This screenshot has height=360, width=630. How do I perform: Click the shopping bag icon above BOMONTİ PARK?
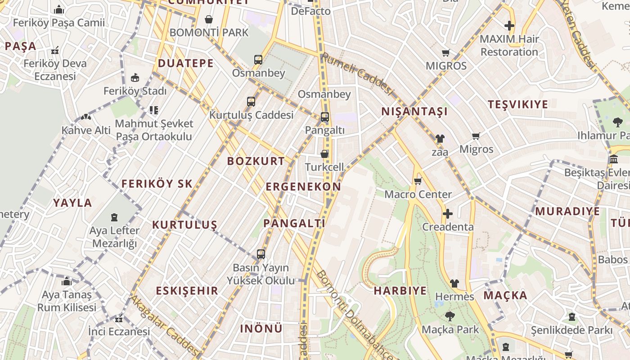point(209,19)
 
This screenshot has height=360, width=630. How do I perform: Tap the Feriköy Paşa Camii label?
point(58,22)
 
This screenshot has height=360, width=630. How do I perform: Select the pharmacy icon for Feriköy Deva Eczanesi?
point(55,50)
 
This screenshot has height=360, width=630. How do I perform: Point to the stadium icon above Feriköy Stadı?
point(135,77)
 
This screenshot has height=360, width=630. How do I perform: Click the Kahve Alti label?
point(86,130)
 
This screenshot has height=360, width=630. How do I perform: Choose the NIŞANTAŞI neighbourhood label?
point(414,111)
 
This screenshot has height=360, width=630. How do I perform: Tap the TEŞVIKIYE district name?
point(518,104)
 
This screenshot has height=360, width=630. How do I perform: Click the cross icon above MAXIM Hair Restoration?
point(509,26)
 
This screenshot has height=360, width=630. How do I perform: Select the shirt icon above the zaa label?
point(440,139)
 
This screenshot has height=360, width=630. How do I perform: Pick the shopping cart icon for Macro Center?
point(418,181)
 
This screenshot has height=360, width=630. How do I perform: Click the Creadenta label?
point(447,226)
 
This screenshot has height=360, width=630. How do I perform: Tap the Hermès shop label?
point(454,296)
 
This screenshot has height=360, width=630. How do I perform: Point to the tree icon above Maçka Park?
point(450,316)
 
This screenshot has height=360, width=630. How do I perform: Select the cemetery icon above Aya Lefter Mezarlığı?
point(114,217)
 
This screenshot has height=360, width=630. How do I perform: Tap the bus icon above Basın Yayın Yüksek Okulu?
point(261,254)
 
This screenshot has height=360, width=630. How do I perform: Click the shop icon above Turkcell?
point(324,154)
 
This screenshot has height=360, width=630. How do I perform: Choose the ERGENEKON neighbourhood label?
point(303,186)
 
